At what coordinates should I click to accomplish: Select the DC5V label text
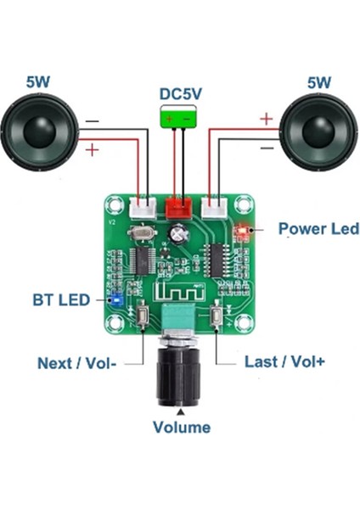(180, 94)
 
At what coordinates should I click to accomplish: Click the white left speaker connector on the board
(141, 207)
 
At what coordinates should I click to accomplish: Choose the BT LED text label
(60, 299)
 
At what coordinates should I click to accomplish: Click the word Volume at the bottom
(181, 427)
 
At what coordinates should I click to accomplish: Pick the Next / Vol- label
(77, 363)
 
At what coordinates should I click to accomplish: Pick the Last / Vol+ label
(283, 361)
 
